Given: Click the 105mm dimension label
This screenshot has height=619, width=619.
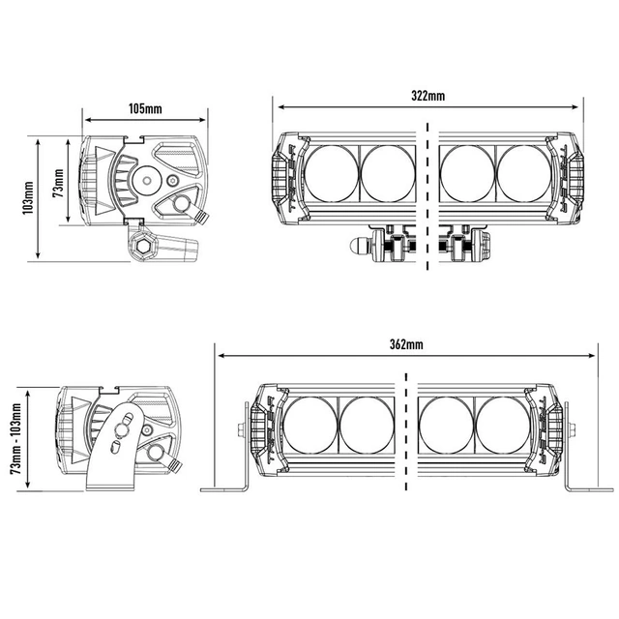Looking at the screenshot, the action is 145,108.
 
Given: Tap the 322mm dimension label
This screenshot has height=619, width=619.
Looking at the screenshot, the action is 427,96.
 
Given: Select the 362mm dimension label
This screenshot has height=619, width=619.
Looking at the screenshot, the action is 406,344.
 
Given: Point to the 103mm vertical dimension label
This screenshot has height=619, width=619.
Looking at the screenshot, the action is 28,198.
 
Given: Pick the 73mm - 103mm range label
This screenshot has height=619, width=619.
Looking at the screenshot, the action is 16,438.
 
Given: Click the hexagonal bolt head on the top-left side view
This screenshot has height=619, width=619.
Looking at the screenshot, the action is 141,247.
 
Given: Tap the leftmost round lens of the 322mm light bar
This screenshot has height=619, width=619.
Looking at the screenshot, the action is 331,174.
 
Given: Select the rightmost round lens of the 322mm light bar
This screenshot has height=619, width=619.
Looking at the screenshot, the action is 524,174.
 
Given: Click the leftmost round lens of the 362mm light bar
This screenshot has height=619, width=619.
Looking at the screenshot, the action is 309,426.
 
